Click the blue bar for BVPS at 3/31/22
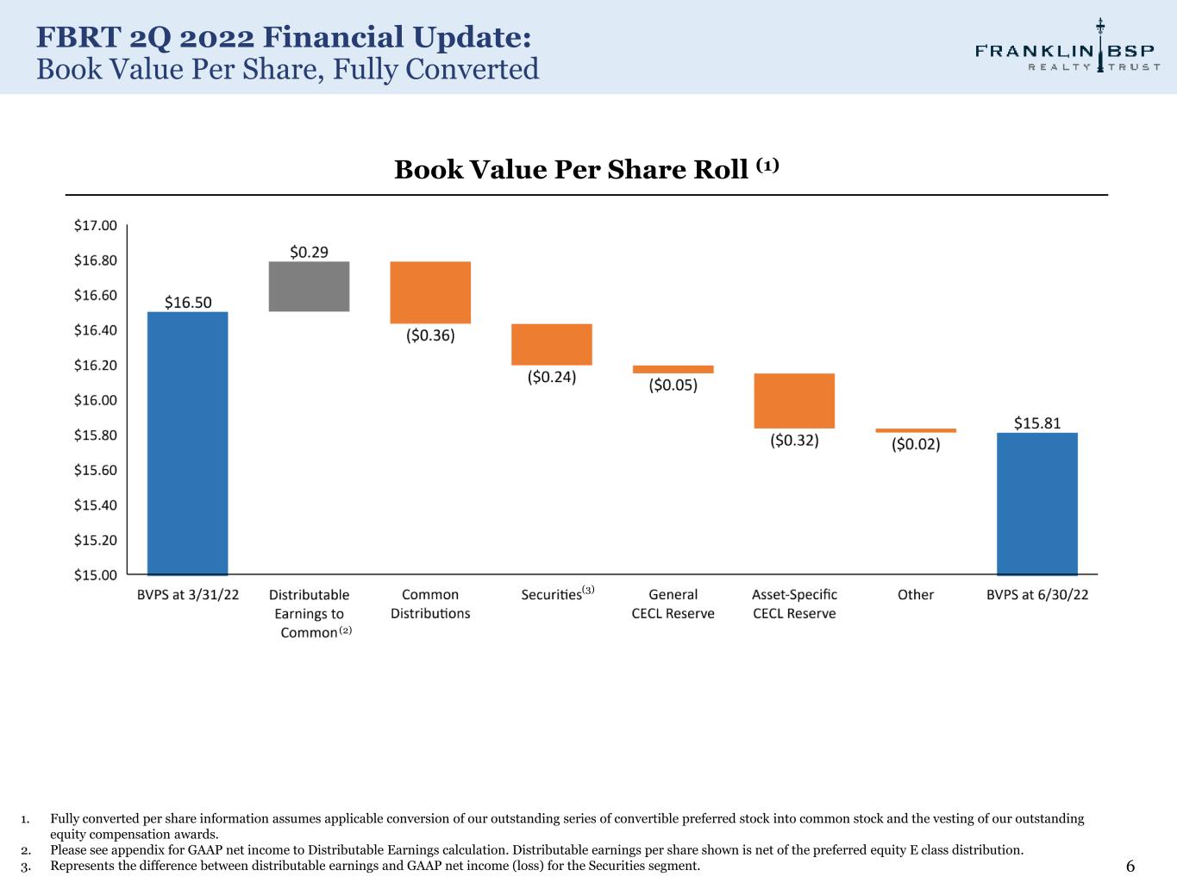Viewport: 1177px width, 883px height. (188, 443)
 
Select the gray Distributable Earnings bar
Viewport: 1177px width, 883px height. (309, 286)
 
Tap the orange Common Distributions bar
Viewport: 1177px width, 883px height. (430, 292)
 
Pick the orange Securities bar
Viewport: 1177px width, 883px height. (552, 344)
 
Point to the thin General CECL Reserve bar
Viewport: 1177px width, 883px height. (673, 369)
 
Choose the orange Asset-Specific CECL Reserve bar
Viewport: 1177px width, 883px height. (794, 401)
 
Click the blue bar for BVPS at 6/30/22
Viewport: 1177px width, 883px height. (1037, 504)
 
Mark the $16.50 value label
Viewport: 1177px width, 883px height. (188, 302)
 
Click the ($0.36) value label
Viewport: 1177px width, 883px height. (430, 335)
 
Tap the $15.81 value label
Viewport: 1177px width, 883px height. (1037, 423)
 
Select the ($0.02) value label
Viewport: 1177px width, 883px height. (916, 444)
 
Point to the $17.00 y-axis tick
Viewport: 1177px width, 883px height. (96, 226)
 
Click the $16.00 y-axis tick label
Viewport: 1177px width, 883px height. (96, 400)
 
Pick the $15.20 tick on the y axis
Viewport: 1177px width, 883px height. (96, 540)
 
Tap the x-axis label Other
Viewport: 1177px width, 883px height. (916, 595)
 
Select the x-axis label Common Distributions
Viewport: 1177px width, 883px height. (430, 604)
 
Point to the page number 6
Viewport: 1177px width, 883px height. (1130, 867)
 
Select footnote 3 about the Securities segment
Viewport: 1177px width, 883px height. (375, 866)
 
